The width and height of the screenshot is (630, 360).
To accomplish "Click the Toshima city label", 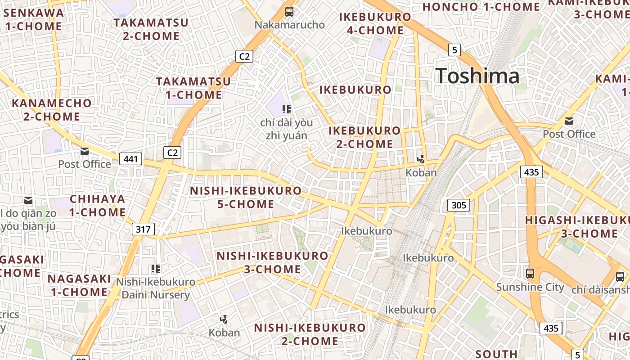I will (x=477, y=76).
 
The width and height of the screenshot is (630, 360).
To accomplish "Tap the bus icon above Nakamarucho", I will (x=289, y=12).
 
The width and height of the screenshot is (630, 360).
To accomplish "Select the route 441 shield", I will (x=130, y=158).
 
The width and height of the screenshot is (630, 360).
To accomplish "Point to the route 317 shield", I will (x=143, y=229).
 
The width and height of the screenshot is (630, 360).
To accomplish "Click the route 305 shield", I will (x=459, y=205).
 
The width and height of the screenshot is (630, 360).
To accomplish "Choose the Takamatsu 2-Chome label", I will (x=151, y=29).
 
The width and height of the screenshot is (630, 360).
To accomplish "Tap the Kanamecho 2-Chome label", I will (x=52, y=110).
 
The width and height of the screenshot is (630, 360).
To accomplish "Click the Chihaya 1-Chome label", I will (x=98, y=206).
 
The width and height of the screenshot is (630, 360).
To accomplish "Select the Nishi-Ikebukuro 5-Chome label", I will (x=246, y=197).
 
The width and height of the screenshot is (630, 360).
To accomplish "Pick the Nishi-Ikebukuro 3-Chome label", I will (x=273, y=263).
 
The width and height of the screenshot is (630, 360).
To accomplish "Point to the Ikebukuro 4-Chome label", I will (x=375, y=24).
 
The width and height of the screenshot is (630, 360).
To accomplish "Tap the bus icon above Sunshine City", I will (x=530, y=273).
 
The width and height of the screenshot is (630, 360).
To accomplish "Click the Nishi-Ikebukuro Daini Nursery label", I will (x=156, y=288).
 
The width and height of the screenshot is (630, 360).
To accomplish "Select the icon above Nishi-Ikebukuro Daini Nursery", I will (x=156, y=269).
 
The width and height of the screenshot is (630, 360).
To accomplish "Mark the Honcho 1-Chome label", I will (x=481, y=7).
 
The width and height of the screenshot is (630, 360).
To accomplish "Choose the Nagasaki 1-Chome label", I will (x=79, y=285).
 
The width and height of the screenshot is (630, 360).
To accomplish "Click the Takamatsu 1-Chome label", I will (x=193, y=88).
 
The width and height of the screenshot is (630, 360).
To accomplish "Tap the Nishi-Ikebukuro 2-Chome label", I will (x=310, y=334).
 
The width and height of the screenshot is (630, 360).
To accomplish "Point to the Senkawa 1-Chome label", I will (x=34, y=19).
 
